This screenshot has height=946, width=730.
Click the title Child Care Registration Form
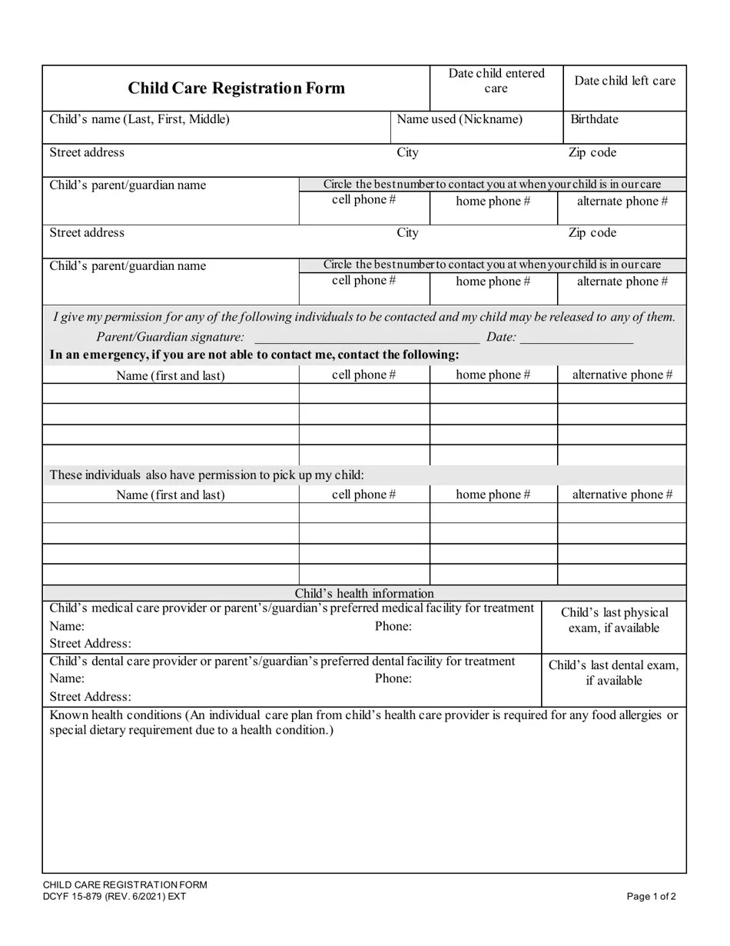click(236, 88)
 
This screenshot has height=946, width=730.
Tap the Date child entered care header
click(496, 81)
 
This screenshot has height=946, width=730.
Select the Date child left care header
click(625, 81)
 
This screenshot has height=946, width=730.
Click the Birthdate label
click(594, 119)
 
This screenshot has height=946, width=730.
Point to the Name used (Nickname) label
click(460, 119)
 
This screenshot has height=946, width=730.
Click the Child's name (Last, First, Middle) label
click(139, 119)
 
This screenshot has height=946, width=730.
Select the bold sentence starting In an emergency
click(254, 355)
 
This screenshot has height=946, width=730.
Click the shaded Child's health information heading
click(364, 593)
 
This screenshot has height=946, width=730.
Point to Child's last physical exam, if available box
click(614, 620)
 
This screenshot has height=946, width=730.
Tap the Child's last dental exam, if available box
click(613, 672)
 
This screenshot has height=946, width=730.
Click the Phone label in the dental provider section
click(393, 678)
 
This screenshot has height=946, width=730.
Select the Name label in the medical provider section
click(67, 626)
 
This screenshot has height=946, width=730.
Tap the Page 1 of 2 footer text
click(651, 896)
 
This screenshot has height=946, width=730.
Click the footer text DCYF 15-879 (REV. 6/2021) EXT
click(114, 896)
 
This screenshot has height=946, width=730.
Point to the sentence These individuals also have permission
click(207, 475)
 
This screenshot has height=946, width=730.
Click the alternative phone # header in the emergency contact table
click(622, 375)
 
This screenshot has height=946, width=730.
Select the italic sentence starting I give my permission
click(363, 317)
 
